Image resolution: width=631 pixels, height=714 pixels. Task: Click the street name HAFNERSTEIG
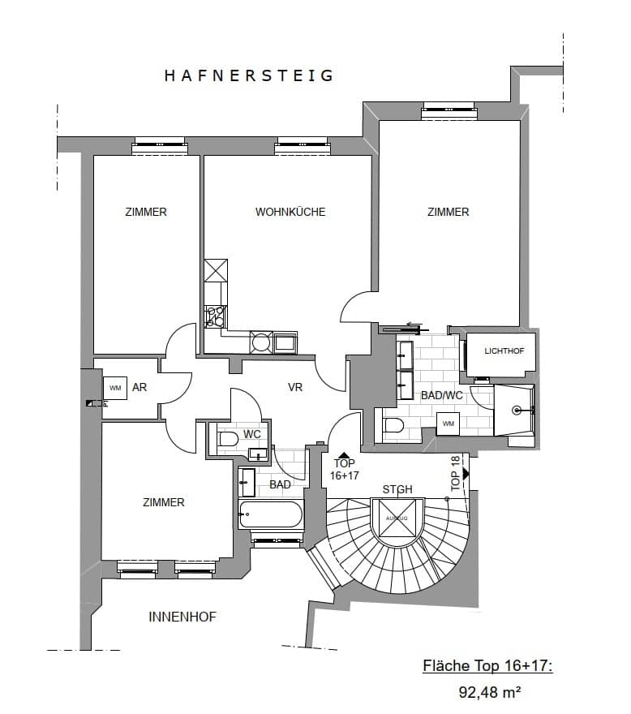pyautogui.click(x=249, y=76)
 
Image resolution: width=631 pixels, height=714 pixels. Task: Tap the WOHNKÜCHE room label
pyautogui.click(x=290, y=212)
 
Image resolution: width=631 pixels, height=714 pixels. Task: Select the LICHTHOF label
pyautogui.click(x=504, y=351)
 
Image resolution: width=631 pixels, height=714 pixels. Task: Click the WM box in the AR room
pyautogui.click(x=114, y=388)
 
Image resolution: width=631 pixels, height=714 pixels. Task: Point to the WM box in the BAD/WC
pyautogui.click(x=448, y=424)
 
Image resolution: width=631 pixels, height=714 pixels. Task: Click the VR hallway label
pyautogui.click(x=295, y=388)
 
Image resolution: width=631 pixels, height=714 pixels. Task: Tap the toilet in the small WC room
pyautogui.click(x=228, y=439)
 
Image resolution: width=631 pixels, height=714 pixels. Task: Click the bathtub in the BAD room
pyautogui.click(x=271, y=514)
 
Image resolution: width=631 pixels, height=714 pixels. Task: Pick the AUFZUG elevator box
pyautogui.click(x=397, y=517)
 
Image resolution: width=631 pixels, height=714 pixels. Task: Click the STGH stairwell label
pyautogui.click(x=397, y=489)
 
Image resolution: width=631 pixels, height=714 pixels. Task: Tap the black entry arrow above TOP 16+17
pyautogui.click(x=344, y=456)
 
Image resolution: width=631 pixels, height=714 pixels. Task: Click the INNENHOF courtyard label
pyautogui.click(x=182, y=617)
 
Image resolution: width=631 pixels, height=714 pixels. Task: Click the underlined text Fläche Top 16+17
pyautogui.click(x=487, y=666)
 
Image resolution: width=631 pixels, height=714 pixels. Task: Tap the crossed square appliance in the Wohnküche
pyautogui.click(x=217, y=269)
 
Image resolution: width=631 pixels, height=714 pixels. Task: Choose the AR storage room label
pyautogui.click(x=140, y=388)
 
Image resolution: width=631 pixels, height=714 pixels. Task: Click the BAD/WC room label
pyautogui.click(x=441, y=395)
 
